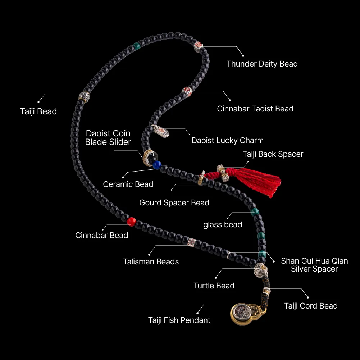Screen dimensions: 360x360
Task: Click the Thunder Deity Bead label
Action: pos(262,64)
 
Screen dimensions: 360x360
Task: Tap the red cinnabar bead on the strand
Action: pos(132,222)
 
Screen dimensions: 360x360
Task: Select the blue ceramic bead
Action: pos(157,165)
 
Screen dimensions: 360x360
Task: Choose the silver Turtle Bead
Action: pos(261,270)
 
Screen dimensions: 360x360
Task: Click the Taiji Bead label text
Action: pos(38,111)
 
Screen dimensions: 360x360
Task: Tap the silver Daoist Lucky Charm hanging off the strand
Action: pos(160,131)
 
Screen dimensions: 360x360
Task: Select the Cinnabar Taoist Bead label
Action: pos(255,109)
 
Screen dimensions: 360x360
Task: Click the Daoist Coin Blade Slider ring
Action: pos(148,158)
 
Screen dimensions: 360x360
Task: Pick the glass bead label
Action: pos(223,224)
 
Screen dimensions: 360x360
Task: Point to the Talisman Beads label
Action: pos(151,261)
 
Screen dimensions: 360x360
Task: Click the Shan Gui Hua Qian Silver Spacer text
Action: pos(314,265)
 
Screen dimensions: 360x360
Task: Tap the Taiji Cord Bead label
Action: pos(311,306)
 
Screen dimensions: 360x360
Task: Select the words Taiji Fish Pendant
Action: pos(179,320)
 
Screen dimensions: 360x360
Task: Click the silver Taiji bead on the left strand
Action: pos(84,97)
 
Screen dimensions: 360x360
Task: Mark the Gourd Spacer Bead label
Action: pos(174,202)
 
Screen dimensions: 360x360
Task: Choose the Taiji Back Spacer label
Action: pos(273,154)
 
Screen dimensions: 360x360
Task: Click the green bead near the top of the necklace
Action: pos(136,46)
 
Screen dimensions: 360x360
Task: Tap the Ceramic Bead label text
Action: pos(128,184)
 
